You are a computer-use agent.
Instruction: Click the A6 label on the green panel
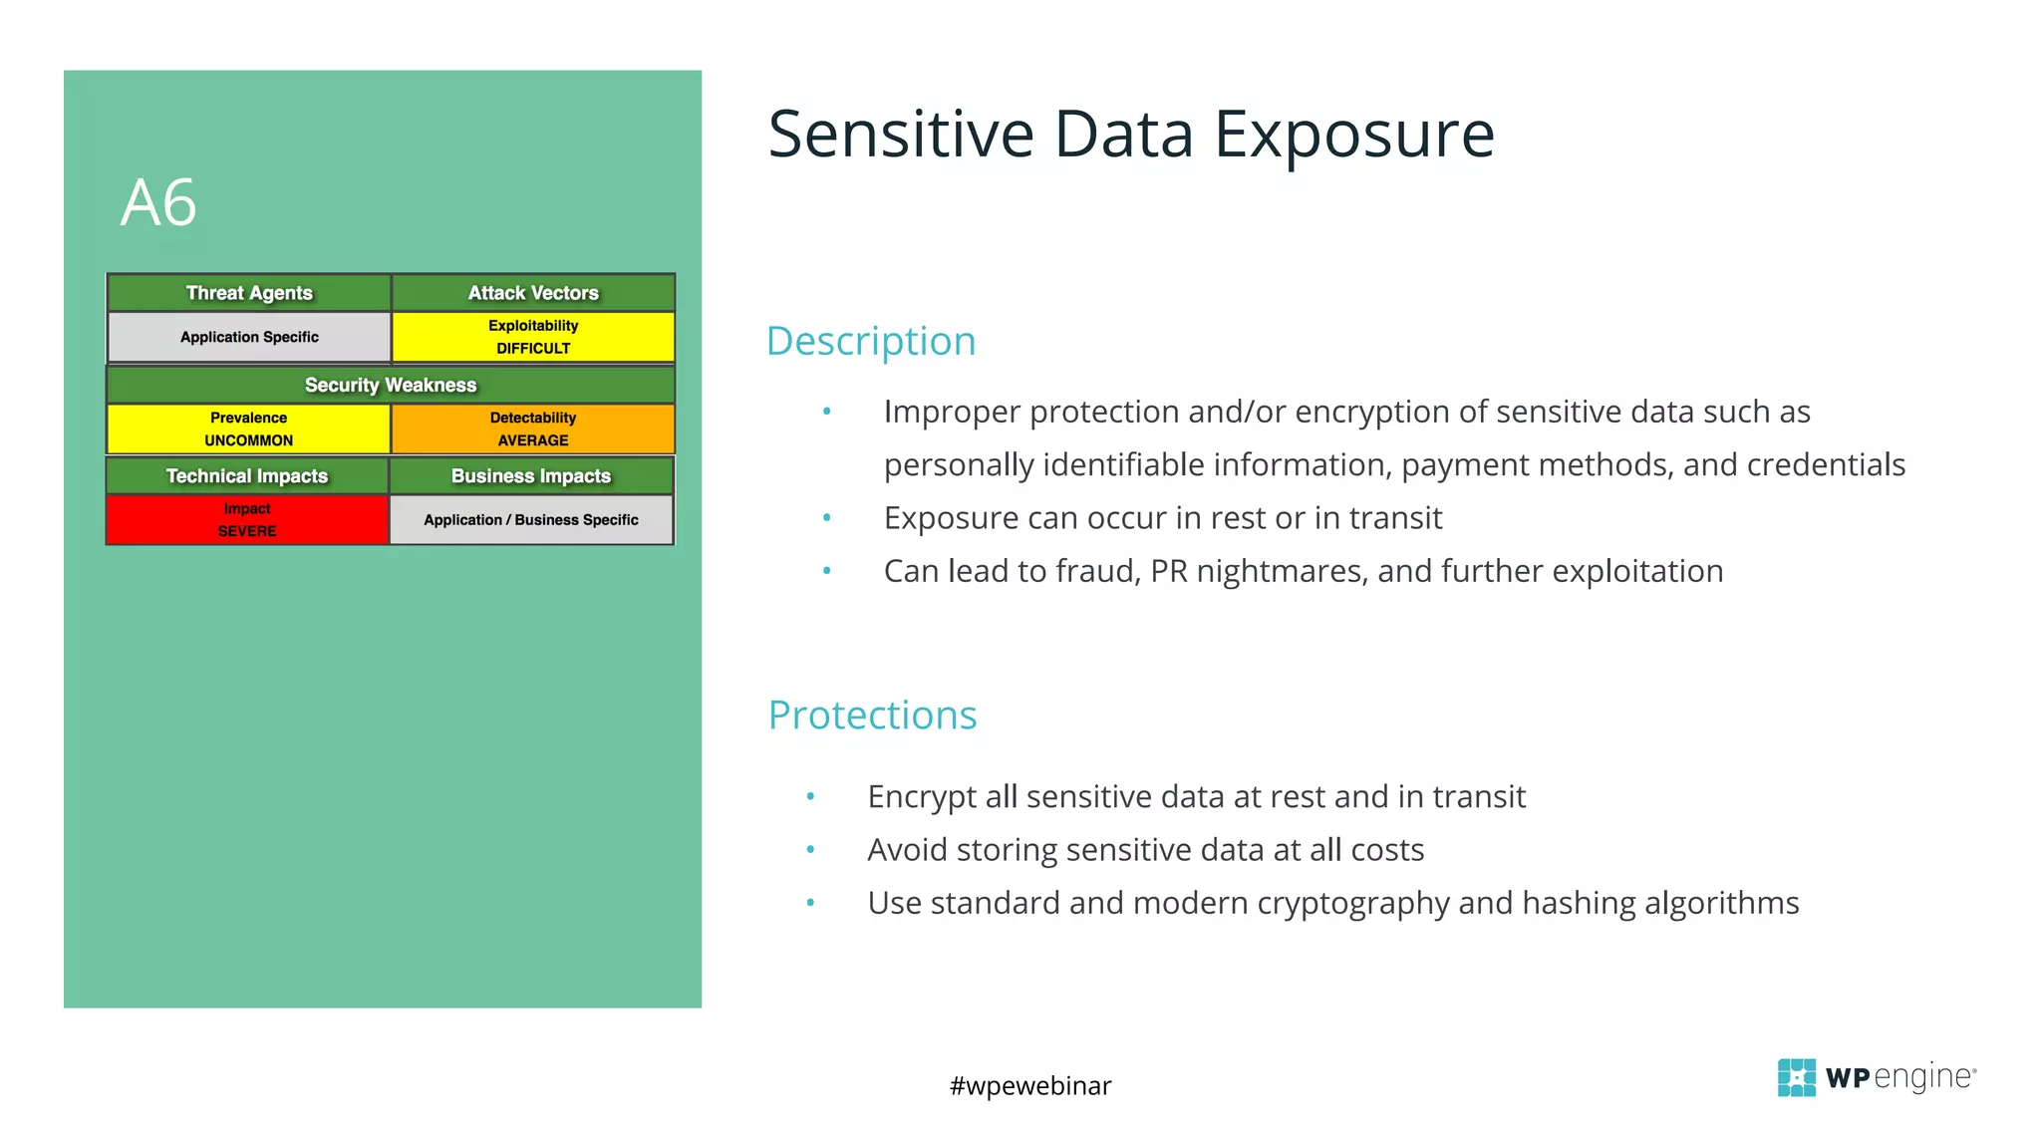158,203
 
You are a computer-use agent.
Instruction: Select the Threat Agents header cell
249,293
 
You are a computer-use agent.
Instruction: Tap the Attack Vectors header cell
533,293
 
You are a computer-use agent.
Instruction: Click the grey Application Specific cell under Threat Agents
249,337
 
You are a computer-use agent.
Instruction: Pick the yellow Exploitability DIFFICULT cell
533,337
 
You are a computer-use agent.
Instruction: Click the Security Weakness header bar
391,385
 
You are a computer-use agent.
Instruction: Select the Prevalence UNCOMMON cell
249,429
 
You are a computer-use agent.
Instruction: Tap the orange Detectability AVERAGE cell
533,429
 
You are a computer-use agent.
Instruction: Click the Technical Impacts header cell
247,476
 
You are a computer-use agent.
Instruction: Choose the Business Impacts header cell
531,476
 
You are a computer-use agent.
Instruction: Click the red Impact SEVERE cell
247,519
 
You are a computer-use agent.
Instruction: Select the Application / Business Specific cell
531,519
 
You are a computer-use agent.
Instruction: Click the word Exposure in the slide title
1354,136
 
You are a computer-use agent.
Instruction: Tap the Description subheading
871,341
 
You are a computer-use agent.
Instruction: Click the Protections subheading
872,716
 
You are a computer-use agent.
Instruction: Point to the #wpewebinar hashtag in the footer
1030,1085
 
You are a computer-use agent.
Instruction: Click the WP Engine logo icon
1796,1077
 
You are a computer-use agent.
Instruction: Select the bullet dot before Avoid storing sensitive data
811,850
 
